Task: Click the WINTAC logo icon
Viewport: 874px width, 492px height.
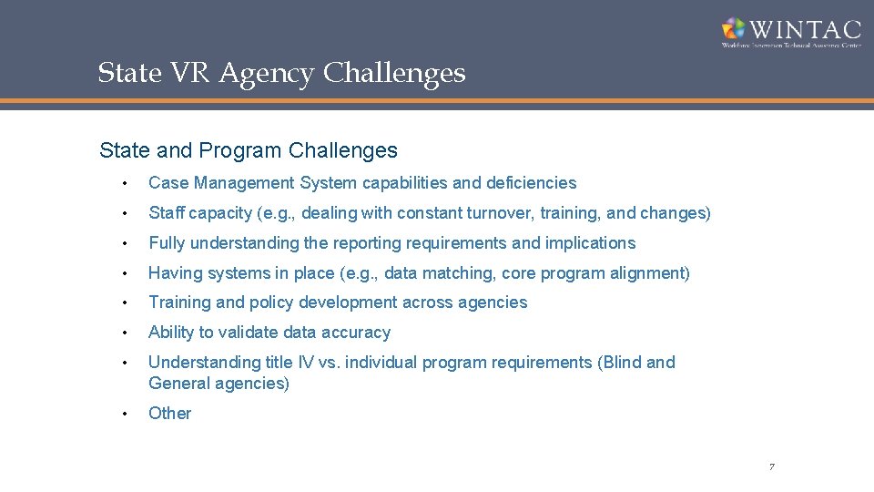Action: click(735, 29)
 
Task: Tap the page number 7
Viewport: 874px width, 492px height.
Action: click(771, 467)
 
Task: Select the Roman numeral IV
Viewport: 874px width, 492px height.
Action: click(306, 363)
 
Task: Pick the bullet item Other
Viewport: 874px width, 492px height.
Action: click(170, 414)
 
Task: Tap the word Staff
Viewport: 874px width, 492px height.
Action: click(167, 213)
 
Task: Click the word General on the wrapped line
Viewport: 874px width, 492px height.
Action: click(179, 384)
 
